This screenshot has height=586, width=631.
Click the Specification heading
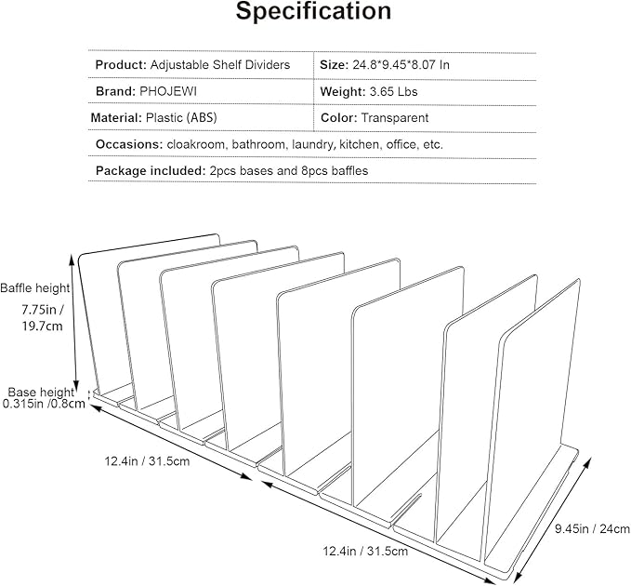click(x=313, y=11)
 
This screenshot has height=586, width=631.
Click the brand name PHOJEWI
click(x=168, y=91)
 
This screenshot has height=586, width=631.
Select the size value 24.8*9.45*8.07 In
click(x=401, y=65)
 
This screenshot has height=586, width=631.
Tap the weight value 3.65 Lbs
click(x=393, y=92)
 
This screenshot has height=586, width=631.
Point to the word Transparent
click(x=394, y=118)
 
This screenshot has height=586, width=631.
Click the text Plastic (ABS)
click(x=181, y=118)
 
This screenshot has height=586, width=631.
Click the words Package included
click(x=151, y=171)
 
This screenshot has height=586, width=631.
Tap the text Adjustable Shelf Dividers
click(x=220, y=65)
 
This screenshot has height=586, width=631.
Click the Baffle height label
click(x=35, y=288)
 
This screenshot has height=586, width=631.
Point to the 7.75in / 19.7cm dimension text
click(x=42, y=318)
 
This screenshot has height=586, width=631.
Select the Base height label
click(x=41, y=392)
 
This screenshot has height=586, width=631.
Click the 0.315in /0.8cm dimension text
click(x=44, y=404)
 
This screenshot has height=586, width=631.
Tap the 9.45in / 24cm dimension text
click(x=593, y=529)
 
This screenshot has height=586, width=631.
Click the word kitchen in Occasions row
click(x=360, y=144)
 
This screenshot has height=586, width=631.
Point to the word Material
click(x=116, y=118)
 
